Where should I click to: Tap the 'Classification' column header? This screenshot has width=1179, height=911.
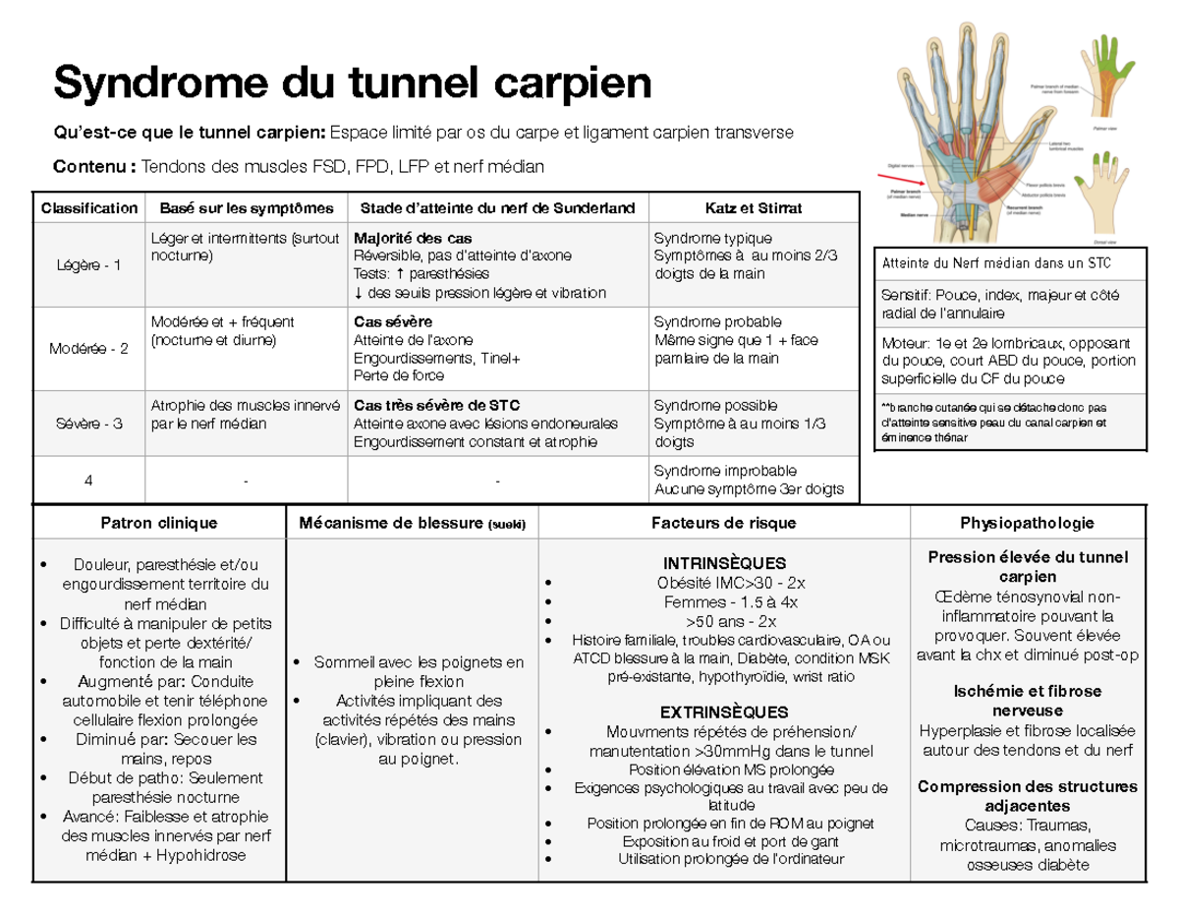click(x=89, y=208)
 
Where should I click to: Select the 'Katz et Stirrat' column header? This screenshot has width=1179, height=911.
click(x=753, y=208)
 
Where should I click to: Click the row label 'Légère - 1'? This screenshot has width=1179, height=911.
click(x=89, y=265)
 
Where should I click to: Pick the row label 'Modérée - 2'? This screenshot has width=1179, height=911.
click(x=89, y=349)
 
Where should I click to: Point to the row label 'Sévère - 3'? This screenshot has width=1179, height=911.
click(x=89, y=424)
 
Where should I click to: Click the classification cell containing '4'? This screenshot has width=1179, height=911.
click(x=89, y=481)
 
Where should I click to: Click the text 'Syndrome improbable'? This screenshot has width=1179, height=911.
click(x=725, y=471)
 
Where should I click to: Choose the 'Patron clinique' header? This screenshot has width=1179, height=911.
click(x=158, y=523)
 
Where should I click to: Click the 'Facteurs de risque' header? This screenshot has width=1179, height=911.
click(x=725, y=523)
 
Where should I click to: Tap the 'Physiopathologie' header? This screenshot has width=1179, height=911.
click(x=1028, y=523)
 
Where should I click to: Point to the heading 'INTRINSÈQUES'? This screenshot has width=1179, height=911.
click(x=725, y=563)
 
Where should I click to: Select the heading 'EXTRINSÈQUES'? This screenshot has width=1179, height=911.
click(x=725, y=712)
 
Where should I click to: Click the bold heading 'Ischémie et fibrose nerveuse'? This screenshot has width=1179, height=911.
click(x=1028, y=701)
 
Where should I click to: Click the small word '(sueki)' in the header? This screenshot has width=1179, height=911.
click(x=507, y=525)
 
